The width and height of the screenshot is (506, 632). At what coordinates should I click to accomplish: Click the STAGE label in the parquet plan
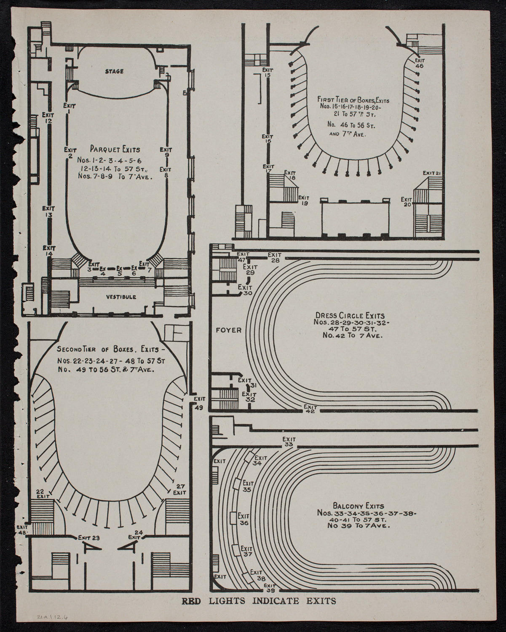[x=114, y=71]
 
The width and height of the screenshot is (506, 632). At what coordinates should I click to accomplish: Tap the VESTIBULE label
[x=121, y=297]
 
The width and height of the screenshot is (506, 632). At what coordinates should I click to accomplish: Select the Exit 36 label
[x=244, y=519]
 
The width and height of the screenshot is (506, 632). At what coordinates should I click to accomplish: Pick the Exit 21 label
[x=432, y=173]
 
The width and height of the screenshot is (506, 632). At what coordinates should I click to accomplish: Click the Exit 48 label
[x=21, y=529]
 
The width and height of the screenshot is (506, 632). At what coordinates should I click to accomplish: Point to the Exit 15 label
[x=267, y=72]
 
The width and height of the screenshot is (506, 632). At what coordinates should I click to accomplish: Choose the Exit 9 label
[x=166, y=152]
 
